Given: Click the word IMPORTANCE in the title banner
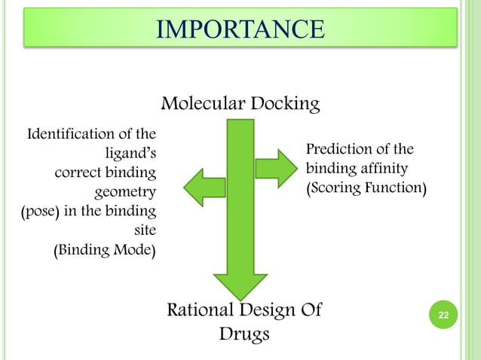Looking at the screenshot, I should [x=240, y=30].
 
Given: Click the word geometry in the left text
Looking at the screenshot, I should [x=125, y=192].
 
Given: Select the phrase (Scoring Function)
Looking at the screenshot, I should [x=365, y=187].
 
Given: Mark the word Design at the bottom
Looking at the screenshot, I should [x=263, y=310].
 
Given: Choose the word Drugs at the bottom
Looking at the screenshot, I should [x=244, y=333].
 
